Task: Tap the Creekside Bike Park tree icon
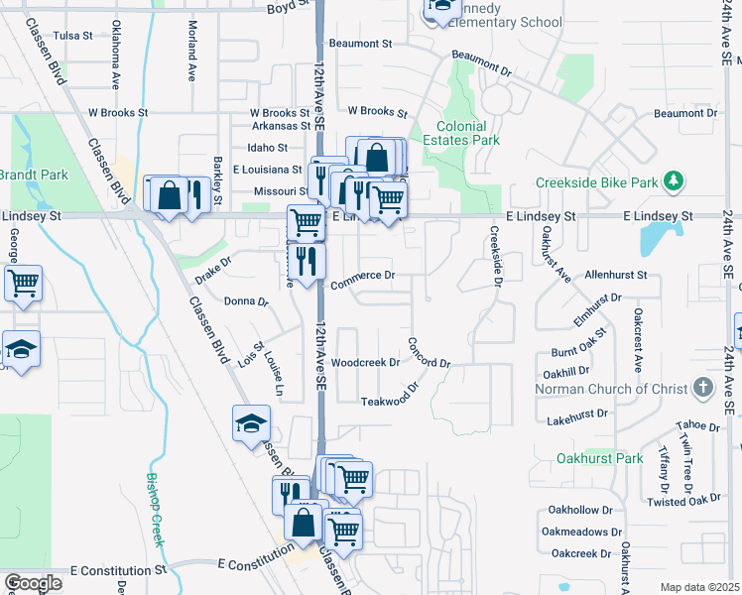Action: point(675,181)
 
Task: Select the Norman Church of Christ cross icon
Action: point(703,387)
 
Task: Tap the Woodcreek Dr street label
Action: point(365,363)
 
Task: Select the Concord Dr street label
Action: point(429,355)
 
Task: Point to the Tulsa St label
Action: point(72,35)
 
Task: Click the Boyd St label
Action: point(284,8)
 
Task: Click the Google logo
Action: point(33,583)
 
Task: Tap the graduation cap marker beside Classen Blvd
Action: point(252,423)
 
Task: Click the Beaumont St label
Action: point(361,44)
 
